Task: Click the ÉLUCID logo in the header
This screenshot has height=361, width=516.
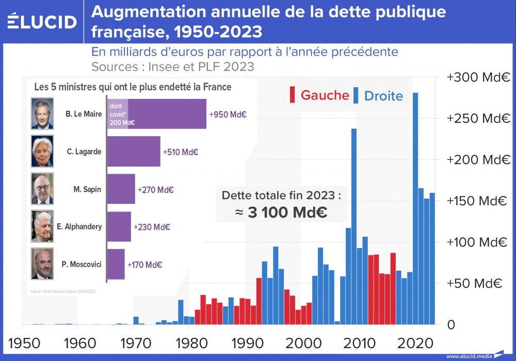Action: coord(42,21)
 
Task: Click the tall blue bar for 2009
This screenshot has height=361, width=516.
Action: coord(354,227)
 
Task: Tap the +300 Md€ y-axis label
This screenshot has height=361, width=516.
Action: coord(478,77)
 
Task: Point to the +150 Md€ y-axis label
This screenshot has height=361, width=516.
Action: coord(478,201)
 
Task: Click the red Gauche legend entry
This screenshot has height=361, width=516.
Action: coord(319,95)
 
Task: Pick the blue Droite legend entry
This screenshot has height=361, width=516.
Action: coord(378,95)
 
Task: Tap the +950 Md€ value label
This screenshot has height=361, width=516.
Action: coord(228,114)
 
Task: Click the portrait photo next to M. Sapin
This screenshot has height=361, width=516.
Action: coord(42,189)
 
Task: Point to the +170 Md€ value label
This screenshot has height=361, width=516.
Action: coord(145,265)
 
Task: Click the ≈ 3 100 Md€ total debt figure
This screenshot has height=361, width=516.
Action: coord(281,212)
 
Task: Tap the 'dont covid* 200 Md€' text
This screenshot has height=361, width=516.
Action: coord(122,113)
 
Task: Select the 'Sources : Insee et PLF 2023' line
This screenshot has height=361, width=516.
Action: coord(173,67)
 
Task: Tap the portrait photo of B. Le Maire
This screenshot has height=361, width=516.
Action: coord(42,114)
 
